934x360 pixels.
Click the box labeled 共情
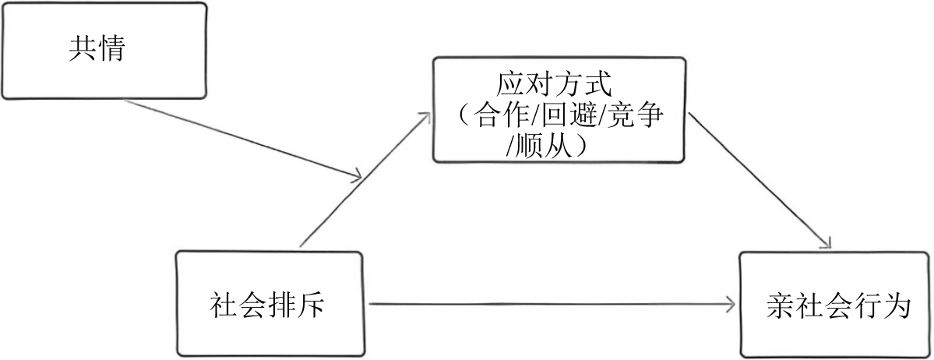pos(104,51)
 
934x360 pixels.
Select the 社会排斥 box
pos(270,303)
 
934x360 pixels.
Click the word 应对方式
pos(559,83)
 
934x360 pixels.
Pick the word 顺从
pos(544,146)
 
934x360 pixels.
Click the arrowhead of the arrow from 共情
pos(355,176)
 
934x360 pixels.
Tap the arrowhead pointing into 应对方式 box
pos(425,116)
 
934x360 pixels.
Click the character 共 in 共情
pos(83,50)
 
